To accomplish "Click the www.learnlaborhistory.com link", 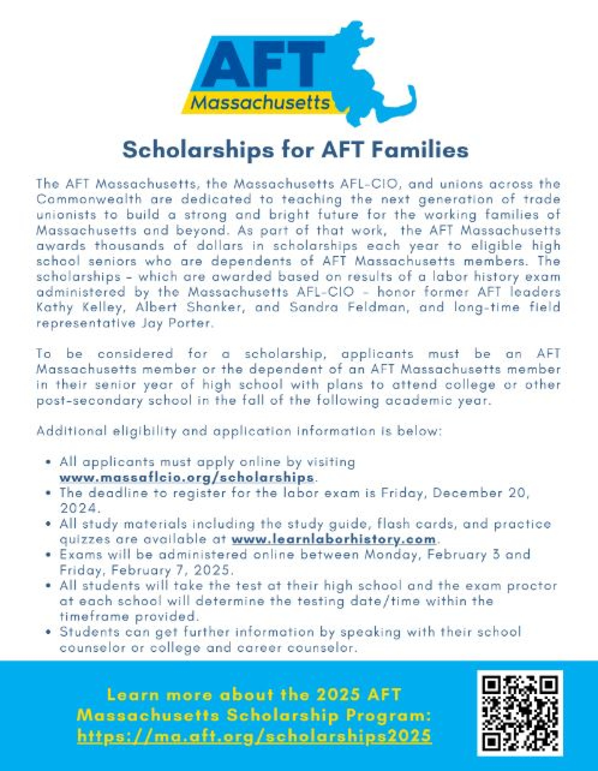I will tap(334, 540).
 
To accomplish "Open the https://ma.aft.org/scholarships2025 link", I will tap(254, 736).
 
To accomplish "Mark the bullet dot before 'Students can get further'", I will tap(49, 632).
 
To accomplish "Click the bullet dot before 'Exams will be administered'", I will tap(49, 555).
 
